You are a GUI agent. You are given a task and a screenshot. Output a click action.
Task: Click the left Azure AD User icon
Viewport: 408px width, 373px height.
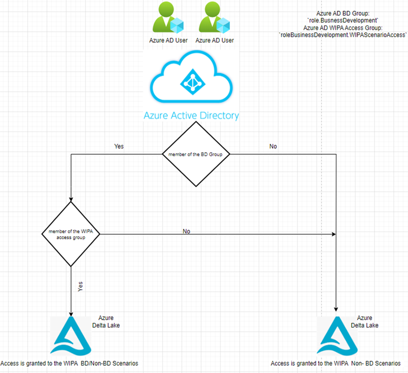(x=168, y=18)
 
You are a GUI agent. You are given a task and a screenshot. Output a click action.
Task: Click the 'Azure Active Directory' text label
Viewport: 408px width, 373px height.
(x=191, y=116)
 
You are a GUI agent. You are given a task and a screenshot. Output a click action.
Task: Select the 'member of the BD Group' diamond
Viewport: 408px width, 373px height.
(x=196, y=154)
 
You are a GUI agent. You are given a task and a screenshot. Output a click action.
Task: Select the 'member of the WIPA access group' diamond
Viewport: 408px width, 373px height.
(x=71, y=234)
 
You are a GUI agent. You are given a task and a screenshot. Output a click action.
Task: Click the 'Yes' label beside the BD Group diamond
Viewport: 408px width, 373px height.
(x=119, y=146)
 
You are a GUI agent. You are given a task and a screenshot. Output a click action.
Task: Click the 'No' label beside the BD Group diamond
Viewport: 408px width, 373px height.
(x=273, y=146)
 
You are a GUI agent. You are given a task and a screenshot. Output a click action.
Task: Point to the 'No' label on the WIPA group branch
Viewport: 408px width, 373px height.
(x=186, y=231)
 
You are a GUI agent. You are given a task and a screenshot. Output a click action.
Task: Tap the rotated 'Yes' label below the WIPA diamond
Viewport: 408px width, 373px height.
(x=81, y=287)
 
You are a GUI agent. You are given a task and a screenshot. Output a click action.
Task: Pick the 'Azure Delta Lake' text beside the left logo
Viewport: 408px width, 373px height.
(x=106, y=321)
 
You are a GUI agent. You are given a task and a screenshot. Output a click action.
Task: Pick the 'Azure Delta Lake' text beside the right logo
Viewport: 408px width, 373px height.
(x=365, y=321)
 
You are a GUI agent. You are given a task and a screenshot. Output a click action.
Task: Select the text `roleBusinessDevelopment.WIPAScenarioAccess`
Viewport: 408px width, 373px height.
(x=343, y=35)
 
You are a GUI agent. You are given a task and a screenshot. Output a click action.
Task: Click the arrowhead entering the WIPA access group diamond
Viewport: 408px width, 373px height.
(x=71, y=199)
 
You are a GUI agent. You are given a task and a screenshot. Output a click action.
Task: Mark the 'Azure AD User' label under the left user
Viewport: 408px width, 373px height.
(x=168, y=40)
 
